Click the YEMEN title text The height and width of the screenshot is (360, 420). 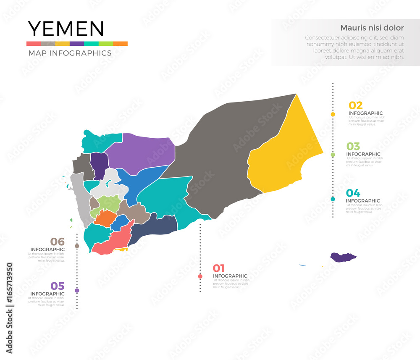(66, 29)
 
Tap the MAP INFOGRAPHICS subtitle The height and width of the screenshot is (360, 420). (70, 53)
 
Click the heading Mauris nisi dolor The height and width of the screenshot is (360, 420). (372, 28)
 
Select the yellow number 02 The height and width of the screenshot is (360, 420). (356, 105)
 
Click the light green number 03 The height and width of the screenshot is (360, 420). (353, 146)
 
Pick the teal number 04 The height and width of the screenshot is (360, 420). (353, 193)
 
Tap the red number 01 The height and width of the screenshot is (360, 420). (218, 268)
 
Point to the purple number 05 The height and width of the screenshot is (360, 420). (57, 286)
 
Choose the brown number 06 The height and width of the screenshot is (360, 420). (57, 242)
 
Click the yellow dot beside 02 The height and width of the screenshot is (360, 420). (333, 114)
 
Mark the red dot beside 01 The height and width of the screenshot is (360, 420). (200, 276)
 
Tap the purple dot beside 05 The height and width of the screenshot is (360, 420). (77, 291)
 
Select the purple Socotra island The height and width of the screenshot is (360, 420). (342, 257)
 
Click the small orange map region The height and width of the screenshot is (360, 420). (105, 218)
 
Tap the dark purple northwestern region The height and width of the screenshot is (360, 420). (99, 165)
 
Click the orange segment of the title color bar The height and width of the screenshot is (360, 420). (120, 44)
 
